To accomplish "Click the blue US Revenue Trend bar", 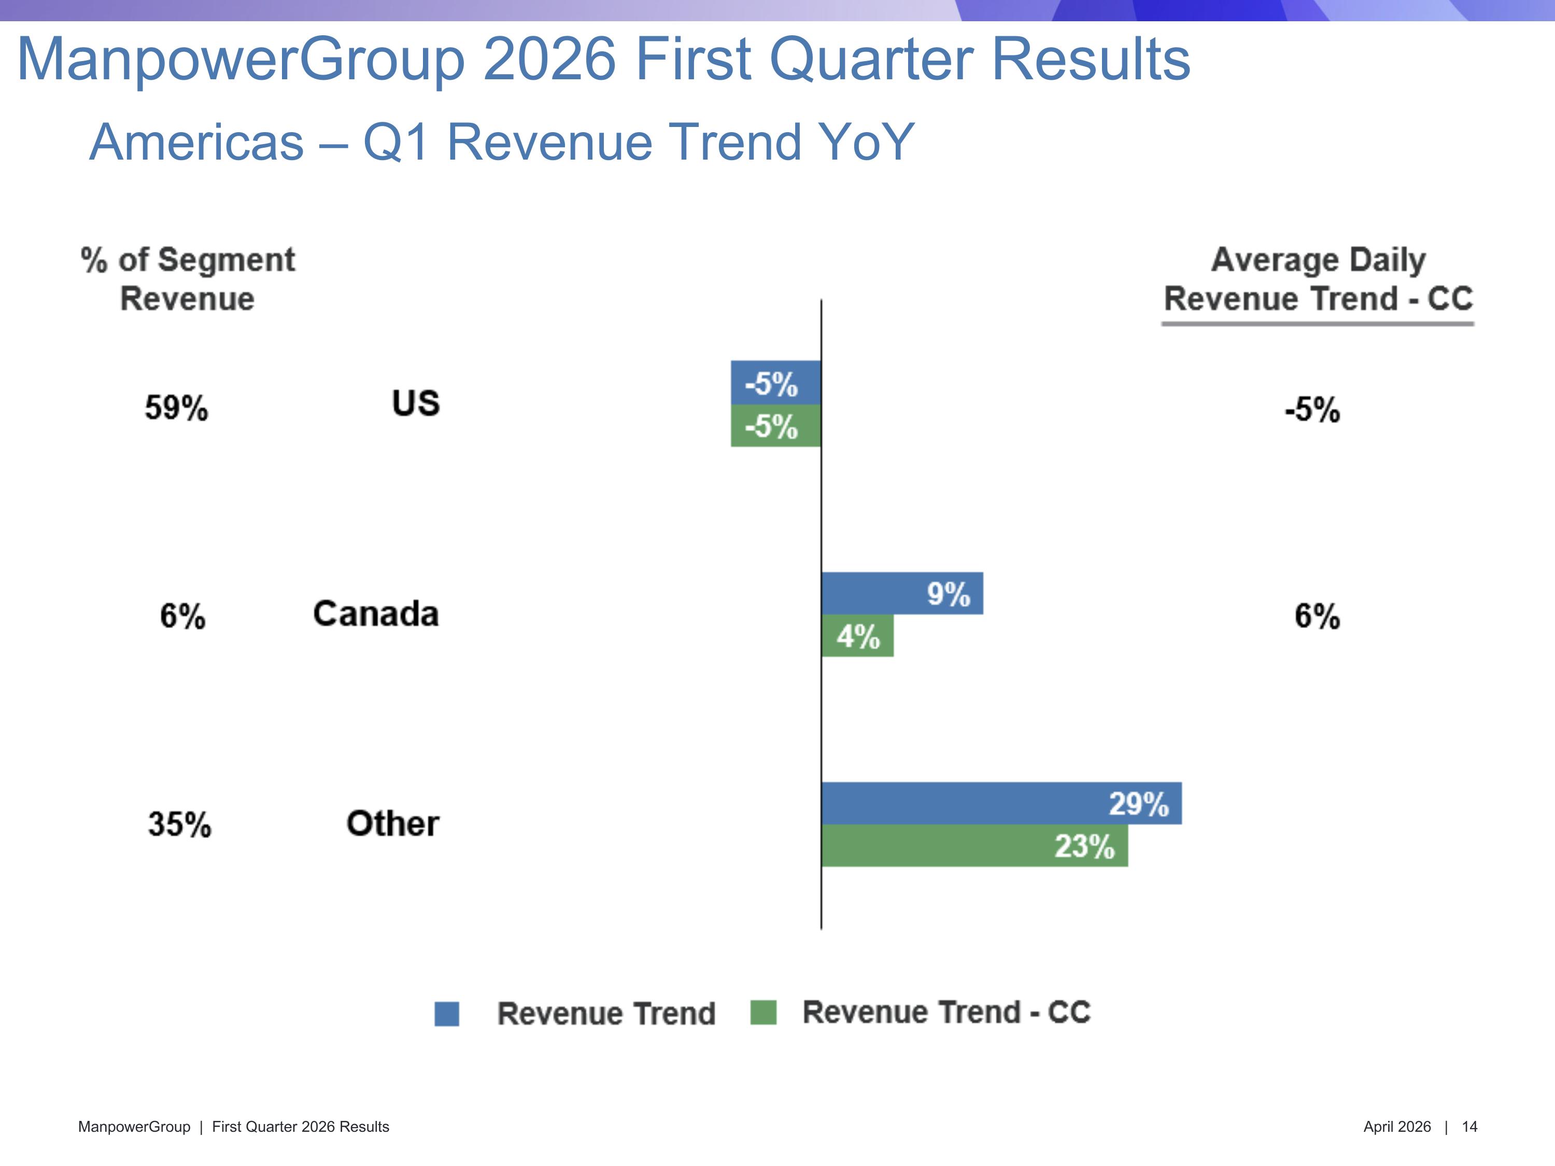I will [x=775, y=382].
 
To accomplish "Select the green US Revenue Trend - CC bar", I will [x=775, y=426].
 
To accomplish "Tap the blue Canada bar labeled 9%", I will [x=902, y=593].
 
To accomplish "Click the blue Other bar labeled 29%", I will [x=1001, y=803].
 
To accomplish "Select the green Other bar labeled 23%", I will [x=974, y=846].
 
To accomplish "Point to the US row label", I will [x=416, y=403].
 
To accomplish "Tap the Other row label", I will [x=392, y=824].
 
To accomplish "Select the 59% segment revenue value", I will [x=176, y=408].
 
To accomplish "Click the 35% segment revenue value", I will [x=179, y=824].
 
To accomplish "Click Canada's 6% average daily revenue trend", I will [x=1317, y=616].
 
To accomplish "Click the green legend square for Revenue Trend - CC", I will [x=763, y=1012].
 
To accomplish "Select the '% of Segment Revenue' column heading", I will [x=188, y=279].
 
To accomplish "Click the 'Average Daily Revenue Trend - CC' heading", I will [x=1318, y=279].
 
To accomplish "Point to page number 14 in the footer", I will [x=1469, y=1127].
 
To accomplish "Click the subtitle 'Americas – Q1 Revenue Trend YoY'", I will [x=501, y=142].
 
